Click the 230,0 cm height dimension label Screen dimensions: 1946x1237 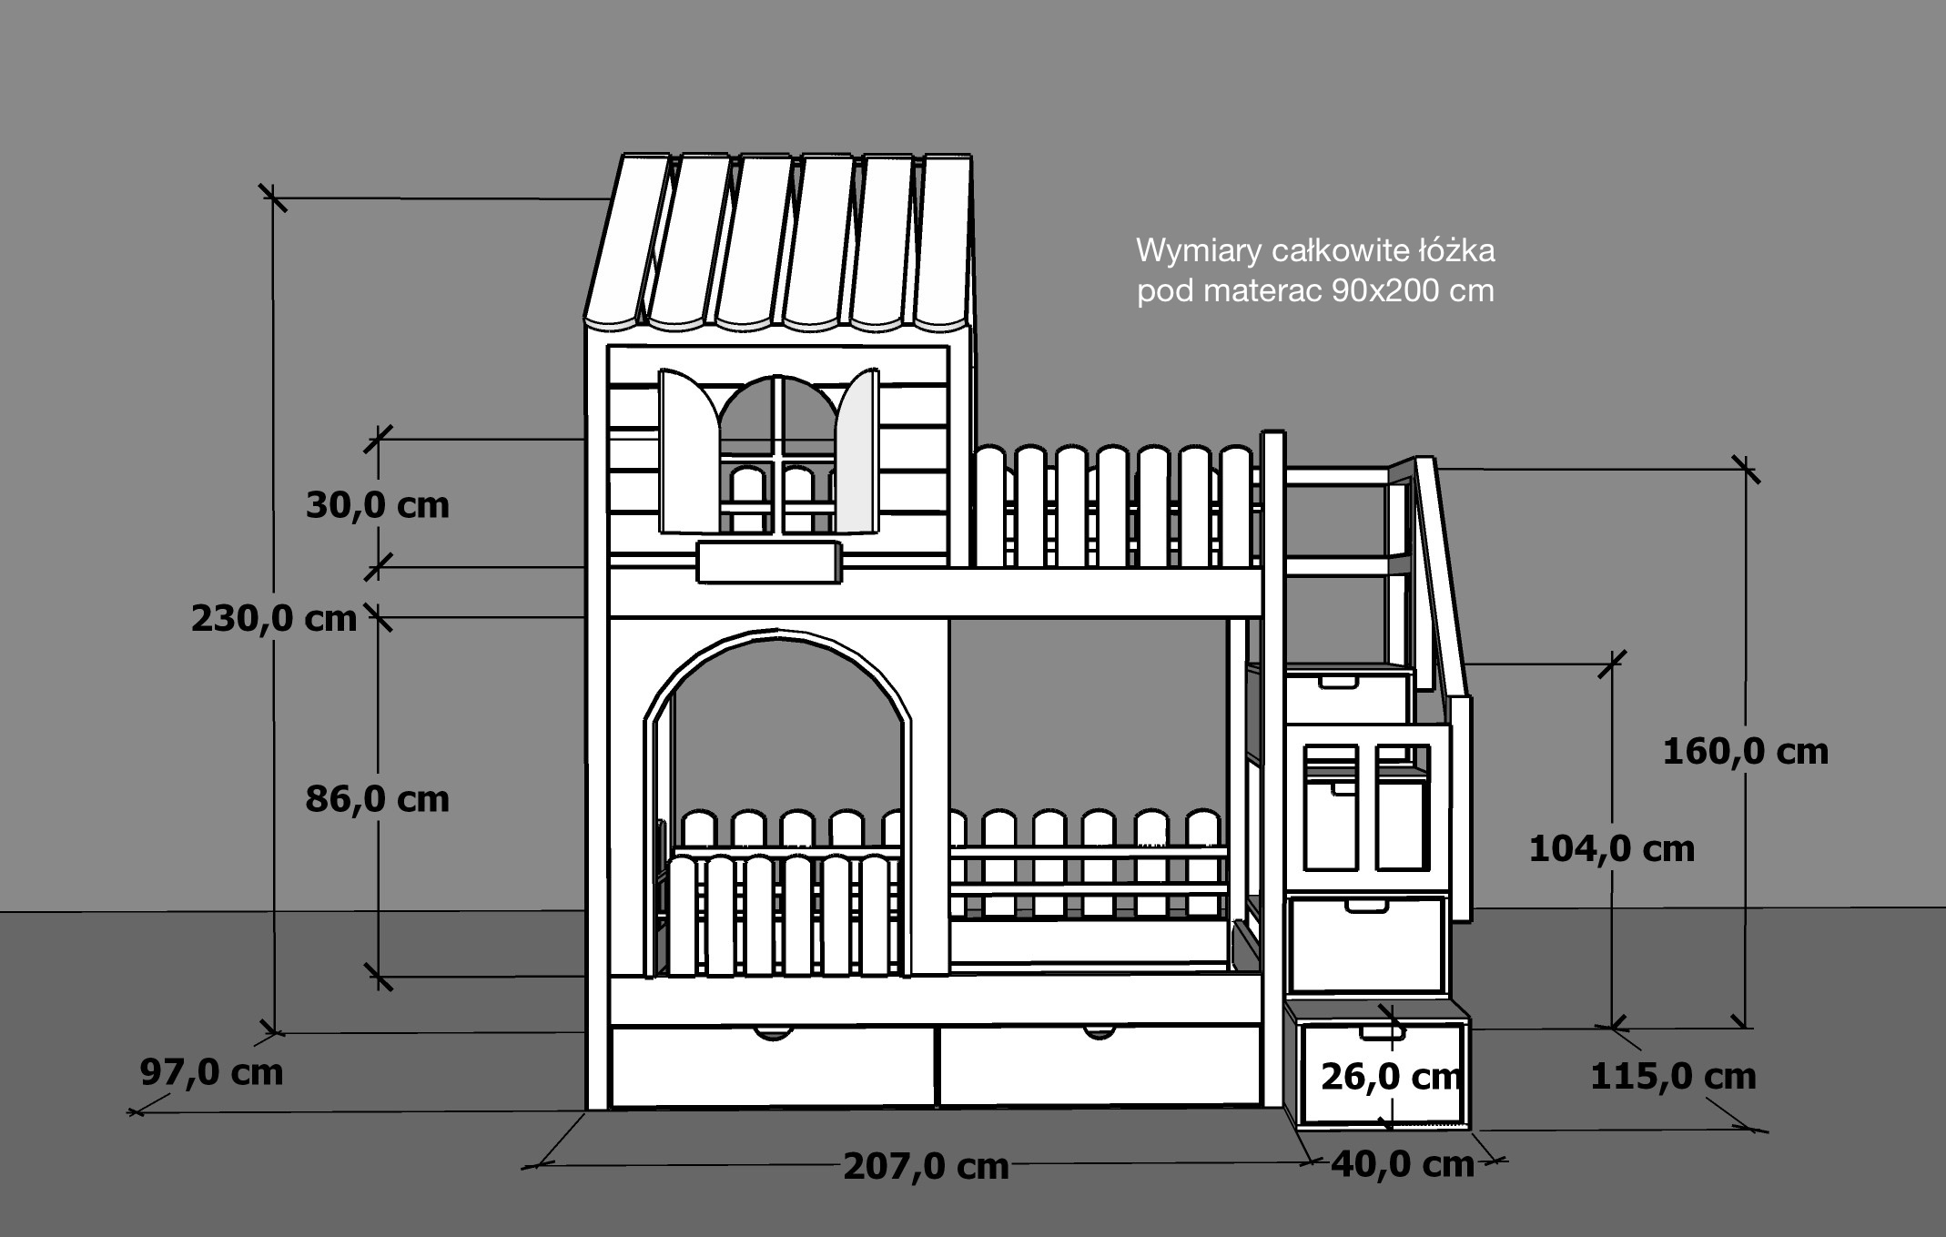pos(274,619)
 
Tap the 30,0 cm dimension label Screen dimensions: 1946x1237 pos(378,505)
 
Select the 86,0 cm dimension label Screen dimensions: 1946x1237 pos(378,799)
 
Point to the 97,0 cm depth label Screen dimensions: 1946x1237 pos(211,1072)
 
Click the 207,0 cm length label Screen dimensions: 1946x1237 pos(927,1166)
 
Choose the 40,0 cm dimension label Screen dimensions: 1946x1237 pos(1403,1164)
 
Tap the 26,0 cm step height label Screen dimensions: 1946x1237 pos(1391,1077)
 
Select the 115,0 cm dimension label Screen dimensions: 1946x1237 pos(1673,1077)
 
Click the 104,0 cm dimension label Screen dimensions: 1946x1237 pos(1612,849)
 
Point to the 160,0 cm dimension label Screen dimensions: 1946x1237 pos(1746,752)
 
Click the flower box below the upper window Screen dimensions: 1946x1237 pos(768,562)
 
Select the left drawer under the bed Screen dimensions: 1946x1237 pos(773,1066)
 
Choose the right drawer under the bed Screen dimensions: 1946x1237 pos(1100,1066)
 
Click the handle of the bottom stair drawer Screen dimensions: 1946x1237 pos(1382,1033)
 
